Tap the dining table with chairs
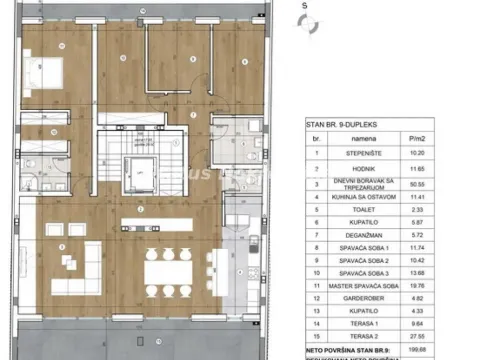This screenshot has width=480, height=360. (166, 267)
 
